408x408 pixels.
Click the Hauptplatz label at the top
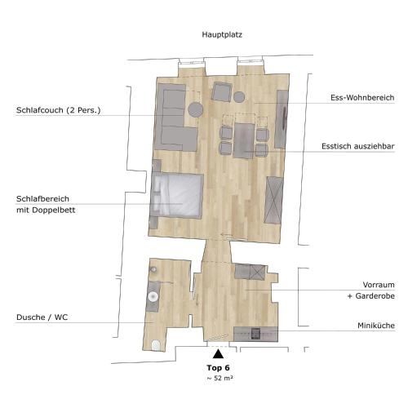pos(222,35)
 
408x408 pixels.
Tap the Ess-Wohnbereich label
pos(362,98)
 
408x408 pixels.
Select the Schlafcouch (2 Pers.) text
pos(59,110)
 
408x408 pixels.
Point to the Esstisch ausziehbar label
pos(358,146)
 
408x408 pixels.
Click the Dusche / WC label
pos(42,317)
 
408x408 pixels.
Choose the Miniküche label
pos(376,326)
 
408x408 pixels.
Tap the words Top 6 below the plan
pos(218,368)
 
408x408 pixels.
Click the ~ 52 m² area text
pos(220,378)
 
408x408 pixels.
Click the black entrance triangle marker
pos(218,354)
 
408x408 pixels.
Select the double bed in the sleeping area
pos(177,195)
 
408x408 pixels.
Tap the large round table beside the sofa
pos(196,109)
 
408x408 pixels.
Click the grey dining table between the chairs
pos(243,140)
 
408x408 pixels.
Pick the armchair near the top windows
pos(222,91)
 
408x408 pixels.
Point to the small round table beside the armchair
pos(239,97)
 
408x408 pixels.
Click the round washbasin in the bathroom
pos(153,296)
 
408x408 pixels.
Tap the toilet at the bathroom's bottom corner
pos(156,345)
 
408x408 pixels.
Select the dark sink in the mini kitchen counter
pos(255,334)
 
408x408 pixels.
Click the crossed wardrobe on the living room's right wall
pos(273,200)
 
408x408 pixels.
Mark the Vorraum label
pos(379,285)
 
